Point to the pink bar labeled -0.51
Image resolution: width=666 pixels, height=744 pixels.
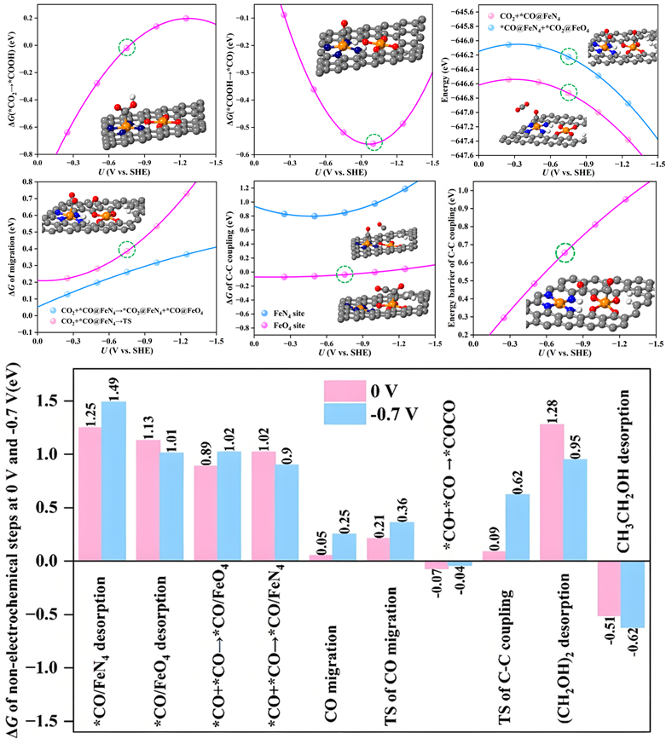pos(608,588)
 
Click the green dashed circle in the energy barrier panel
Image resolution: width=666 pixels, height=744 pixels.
pos(565,252)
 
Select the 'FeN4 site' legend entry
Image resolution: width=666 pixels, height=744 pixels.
pos(292,314)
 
